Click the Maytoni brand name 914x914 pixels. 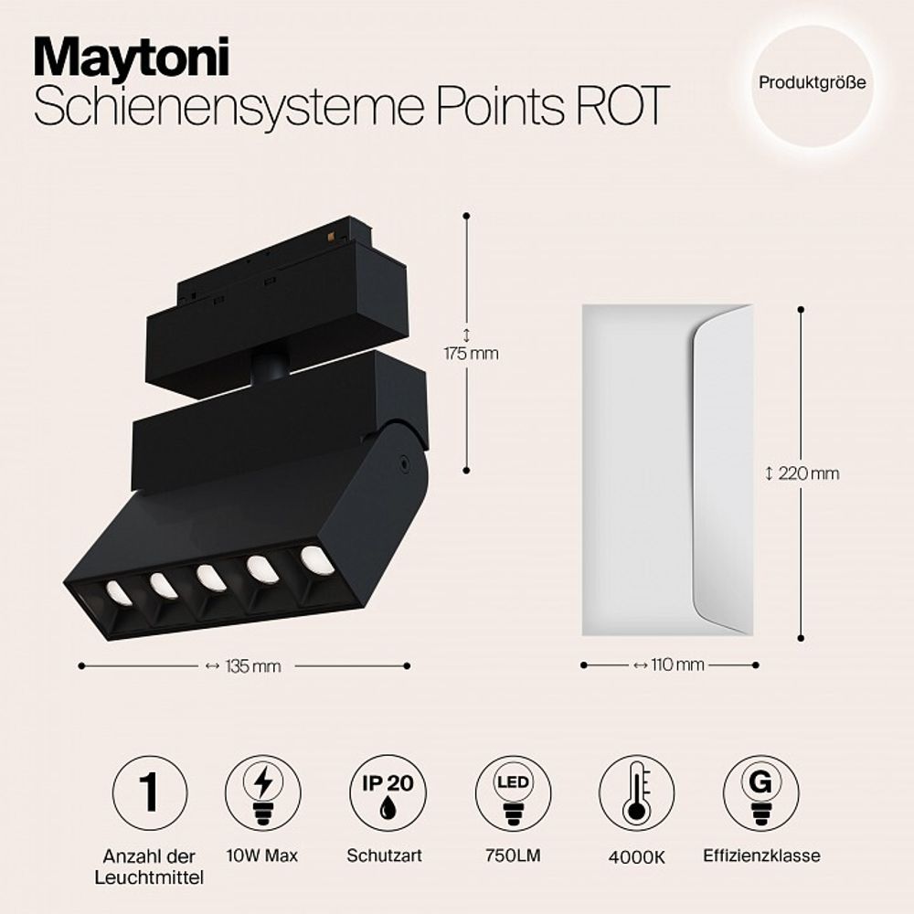(132, 58)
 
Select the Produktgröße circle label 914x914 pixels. (812, 82)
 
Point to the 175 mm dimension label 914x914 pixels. (471, 353)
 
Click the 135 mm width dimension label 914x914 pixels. (251, 666)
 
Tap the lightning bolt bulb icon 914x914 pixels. (262, 792)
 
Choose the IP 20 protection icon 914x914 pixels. (388, 792)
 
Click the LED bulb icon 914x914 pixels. (514, 792)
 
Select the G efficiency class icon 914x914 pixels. (760, 792)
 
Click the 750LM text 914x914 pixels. (513, 857)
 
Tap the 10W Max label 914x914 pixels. (262, 856)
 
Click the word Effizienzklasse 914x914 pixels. (761, 856)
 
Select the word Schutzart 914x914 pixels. (387, 856)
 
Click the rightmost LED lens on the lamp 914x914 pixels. (317, 559)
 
